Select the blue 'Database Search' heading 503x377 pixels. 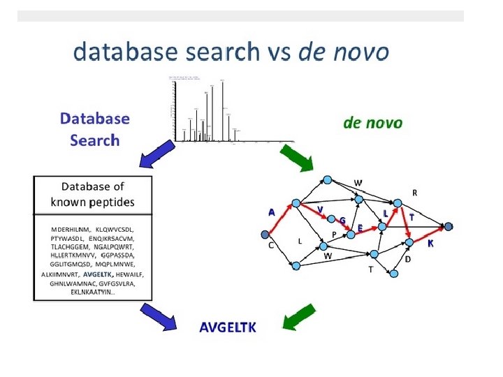pyautogui.click(x=95, y=129)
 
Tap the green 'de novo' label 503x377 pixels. pyautogui.click(x=372, y=123)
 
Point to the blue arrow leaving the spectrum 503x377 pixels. pyautogui.click(x=155, y=155)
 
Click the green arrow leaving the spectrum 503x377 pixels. pyautogui.click(x=296, y=158)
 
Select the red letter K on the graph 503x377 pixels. pyautogui.click(x=430, y=244)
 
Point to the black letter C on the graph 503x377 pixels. pyautogui.click(x=270, y=246)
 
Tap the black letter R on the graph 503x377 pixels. pyautogui.click(x=415, y=192)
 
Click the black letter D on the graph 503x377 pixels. pyautogui.click(x=408, y=260)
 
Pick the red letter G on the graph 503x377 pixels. pyautogui.click(x=342, y=221)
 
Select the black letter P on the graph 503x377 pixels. pyautogui.click(x=335, y=234)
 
